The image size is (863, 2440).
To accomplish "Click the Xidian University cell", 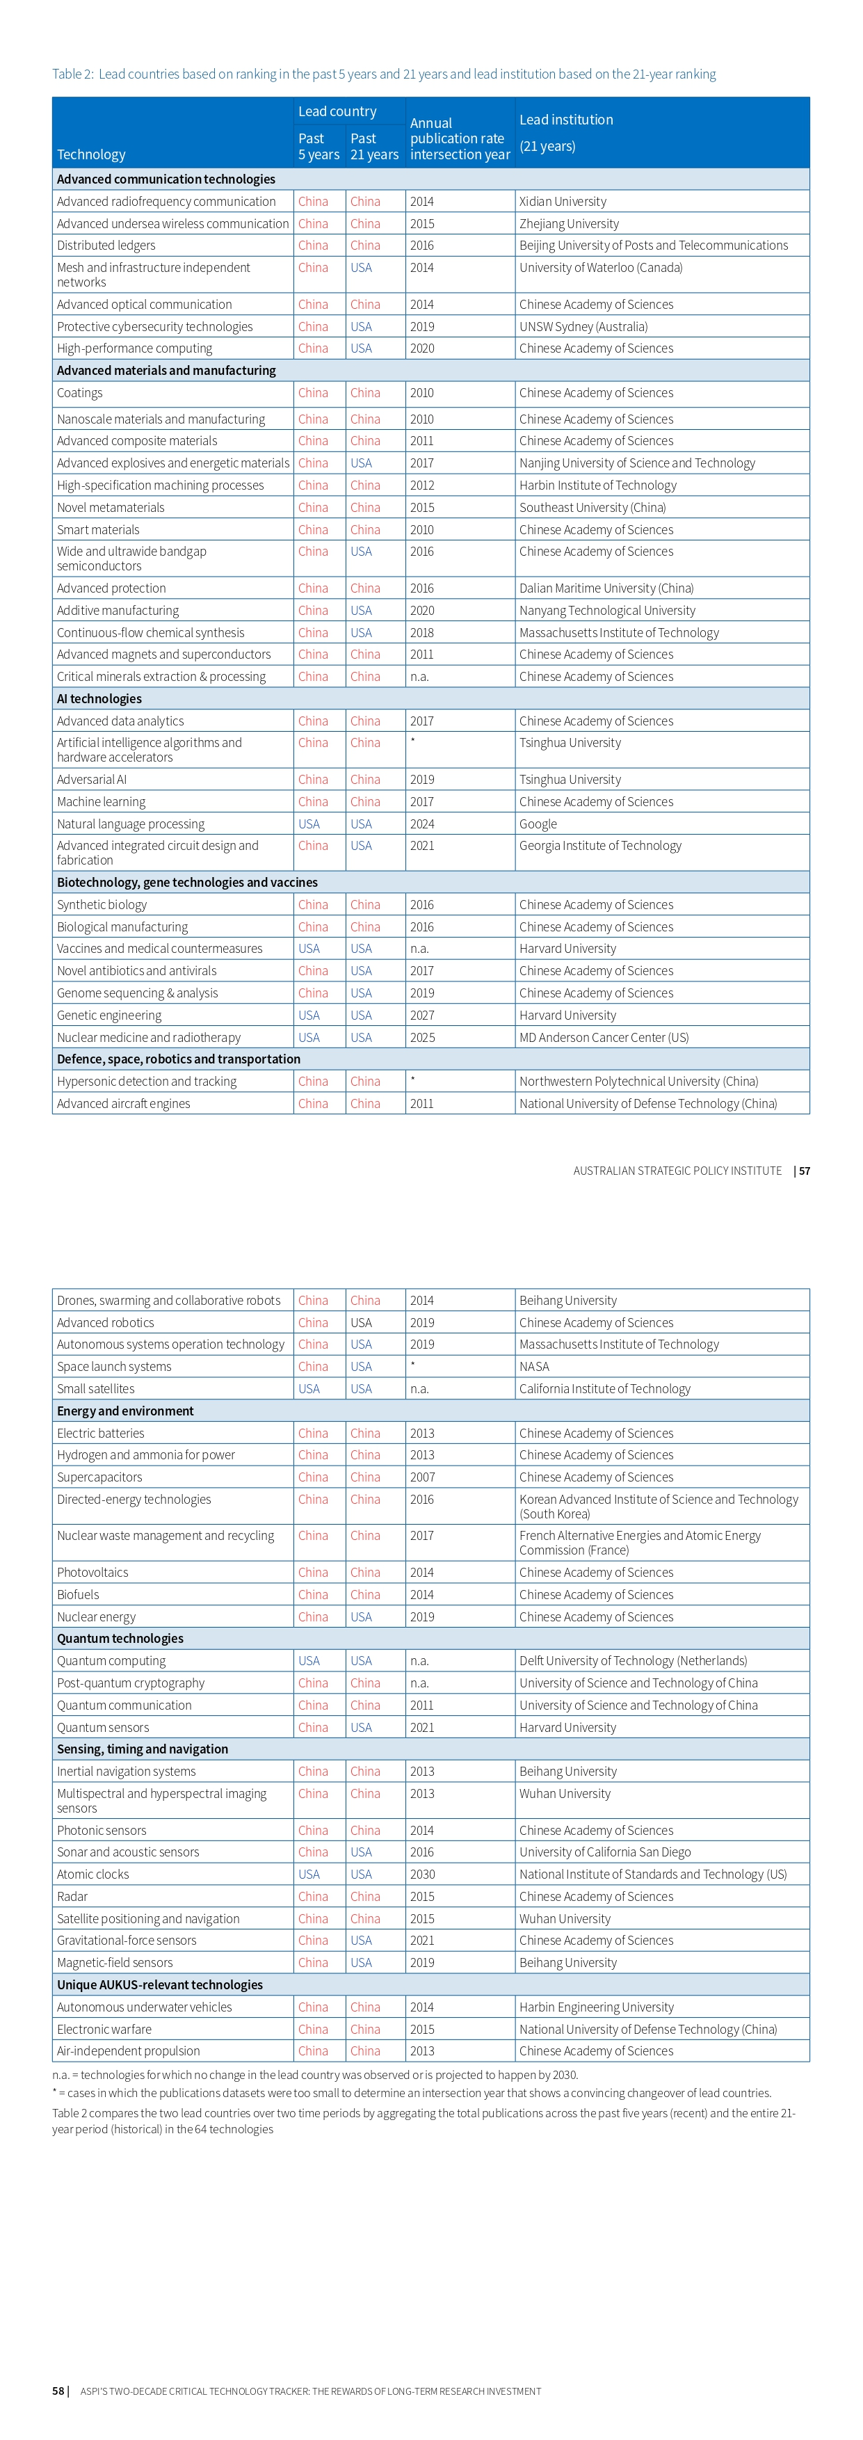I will [563, 202].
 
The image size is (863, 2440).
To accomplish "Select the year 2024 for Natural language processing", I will [421, 824].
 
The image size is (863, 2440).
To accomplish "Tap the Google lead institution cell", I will [538, 824].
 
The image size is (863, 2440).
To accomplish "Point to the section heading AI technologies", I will [99, 699].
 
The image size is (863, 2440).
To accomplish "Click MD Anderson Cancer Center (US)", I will [604, 1037].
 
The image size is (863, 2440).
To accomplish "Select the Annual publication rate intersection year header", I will [460, 138].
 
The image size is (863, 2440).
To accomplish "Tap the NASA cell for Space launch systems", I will [534, 1367].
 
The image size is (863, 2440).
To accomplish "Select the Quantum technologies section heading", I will [120, 1639].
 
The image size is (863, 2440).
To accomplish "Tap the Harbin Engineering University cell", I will [597, 2007].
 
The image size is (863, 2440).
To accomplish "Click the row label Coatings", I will [79, 393].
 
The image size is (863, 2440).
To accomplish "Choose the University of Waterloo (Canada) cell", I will [601, 268].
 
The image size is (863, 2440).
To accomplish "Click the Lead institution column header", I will [565, 120].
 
